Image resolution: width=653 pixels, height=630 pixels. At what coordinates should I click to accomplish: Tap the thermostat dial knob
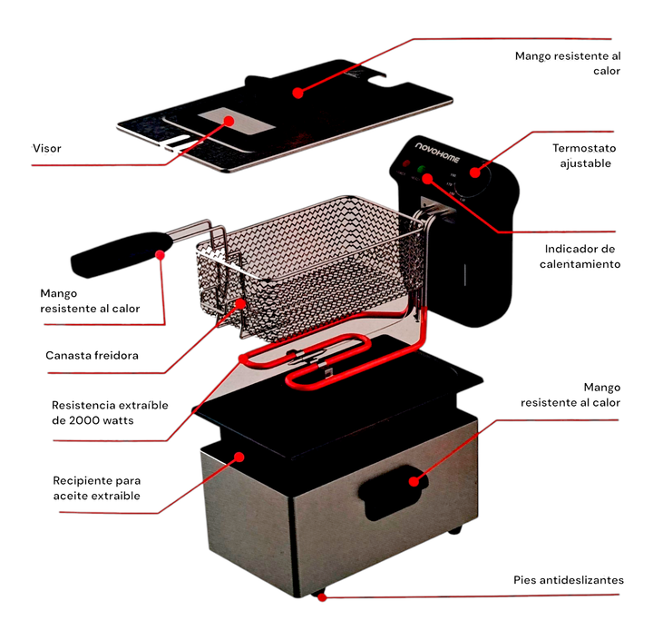(x=475, y=182)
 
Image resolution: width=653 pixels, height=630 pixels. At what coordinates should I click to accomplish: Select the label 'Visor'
(x=47, y=148)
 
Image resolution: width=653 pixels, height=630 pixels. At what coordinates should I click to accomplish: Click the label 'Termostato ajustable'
(x=583, y=155)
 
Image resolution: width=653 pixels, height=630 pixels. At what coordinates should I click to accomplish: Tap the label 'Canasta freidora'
(x=92, y=355)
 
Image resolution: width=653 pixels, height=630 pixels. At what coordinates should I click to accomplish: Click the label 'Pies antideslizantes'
(x=569, y=580)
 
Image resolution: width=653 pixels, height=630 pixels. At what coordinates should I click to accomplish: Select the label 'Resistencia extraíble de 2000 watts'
(x=110, y=412)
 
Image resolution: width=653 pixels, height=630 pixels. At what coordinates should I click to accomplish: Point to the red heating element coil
(x=308, y=363)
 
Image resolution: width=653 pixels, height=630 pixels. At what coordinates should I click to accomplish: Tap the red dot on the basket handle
(x=161, y=255)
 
